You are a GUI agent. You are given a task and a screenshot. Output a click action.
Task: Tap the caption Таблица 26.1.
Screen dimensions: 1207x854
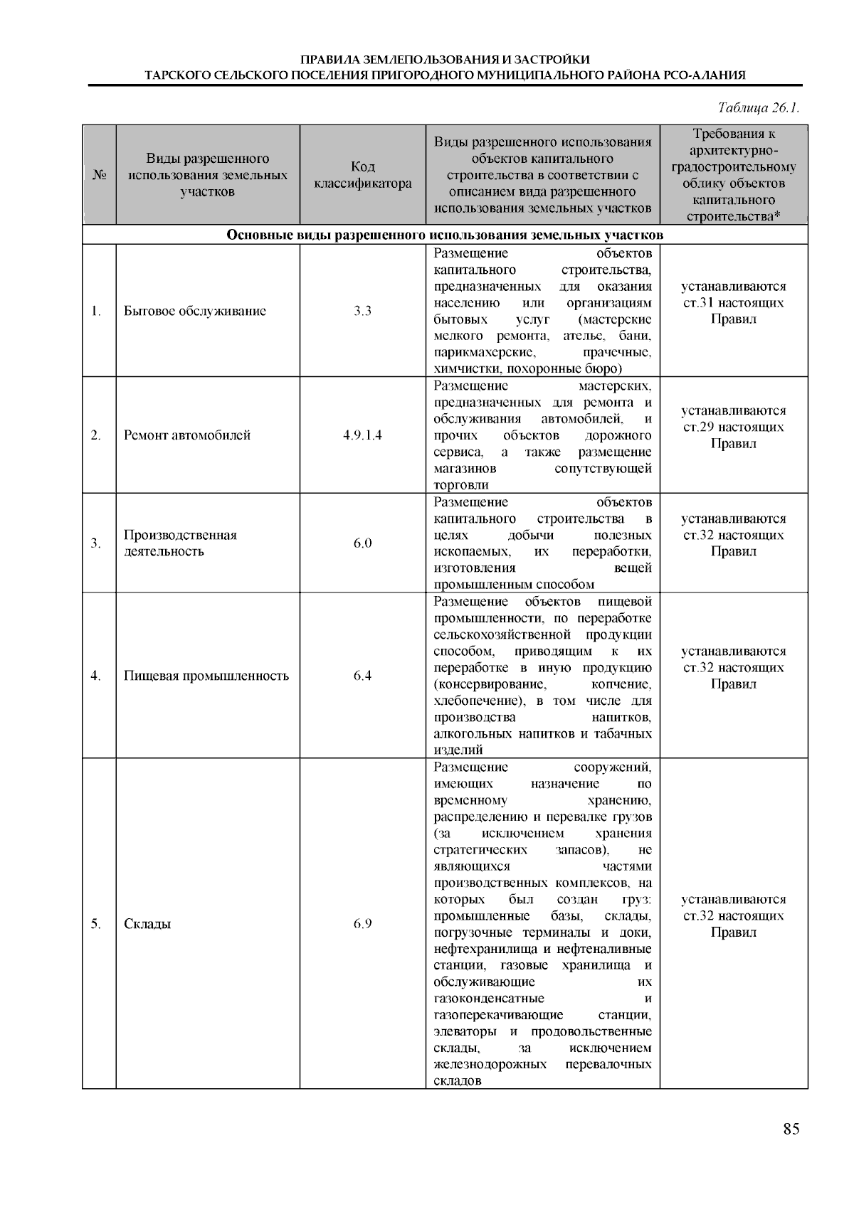(x=759, y=108)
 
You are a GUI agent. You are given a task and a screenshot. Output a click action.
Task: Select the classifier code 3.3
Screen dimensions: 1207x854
(x=362, y=311)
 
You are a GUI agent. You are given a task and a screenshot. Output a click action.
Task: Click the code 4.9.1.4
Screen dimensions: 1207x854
(x=362, y=435)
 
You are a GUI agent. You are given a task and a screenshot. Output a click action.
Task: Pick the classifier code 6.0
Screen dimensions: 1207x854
(x=362, y=543)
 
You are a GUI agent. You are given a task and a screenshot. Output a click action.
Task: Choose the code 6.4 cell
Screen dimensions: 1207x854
(x=362, y=676)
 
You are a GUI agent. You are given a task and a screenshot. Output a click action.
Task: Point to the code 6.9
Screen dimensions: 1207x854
(x=362, y=924)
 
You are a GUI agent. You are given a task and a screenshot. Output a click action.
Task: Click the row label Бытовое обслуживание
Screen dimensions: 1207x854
(x=194, y=311)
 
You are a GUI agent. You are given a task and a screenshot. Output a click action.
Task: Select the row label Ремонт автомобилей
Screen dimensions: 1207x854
(x=186, y=435)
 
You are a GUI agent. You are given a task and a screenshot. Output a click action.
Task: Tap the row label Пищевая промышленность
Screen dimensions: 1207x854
(x=206, y=676)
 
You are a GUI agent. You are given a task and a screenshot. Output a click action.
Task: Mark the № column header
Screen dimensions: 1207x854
(x=99, y=175)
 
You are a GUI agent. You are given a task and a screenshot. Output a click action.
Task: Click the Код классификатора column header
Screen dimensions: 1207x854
(x=362, y=175)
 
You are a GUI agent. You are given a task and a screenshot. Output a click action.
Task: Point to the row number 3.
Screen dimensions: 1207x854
(x=95, y=543)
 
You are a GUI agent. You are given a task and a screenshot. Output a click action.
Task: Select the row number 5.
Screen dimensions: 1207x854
(x=95, y=924)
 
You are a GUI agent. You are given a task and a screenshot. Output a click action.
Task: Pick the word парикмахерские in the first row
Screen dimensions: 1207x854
(x=484, y=352)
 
